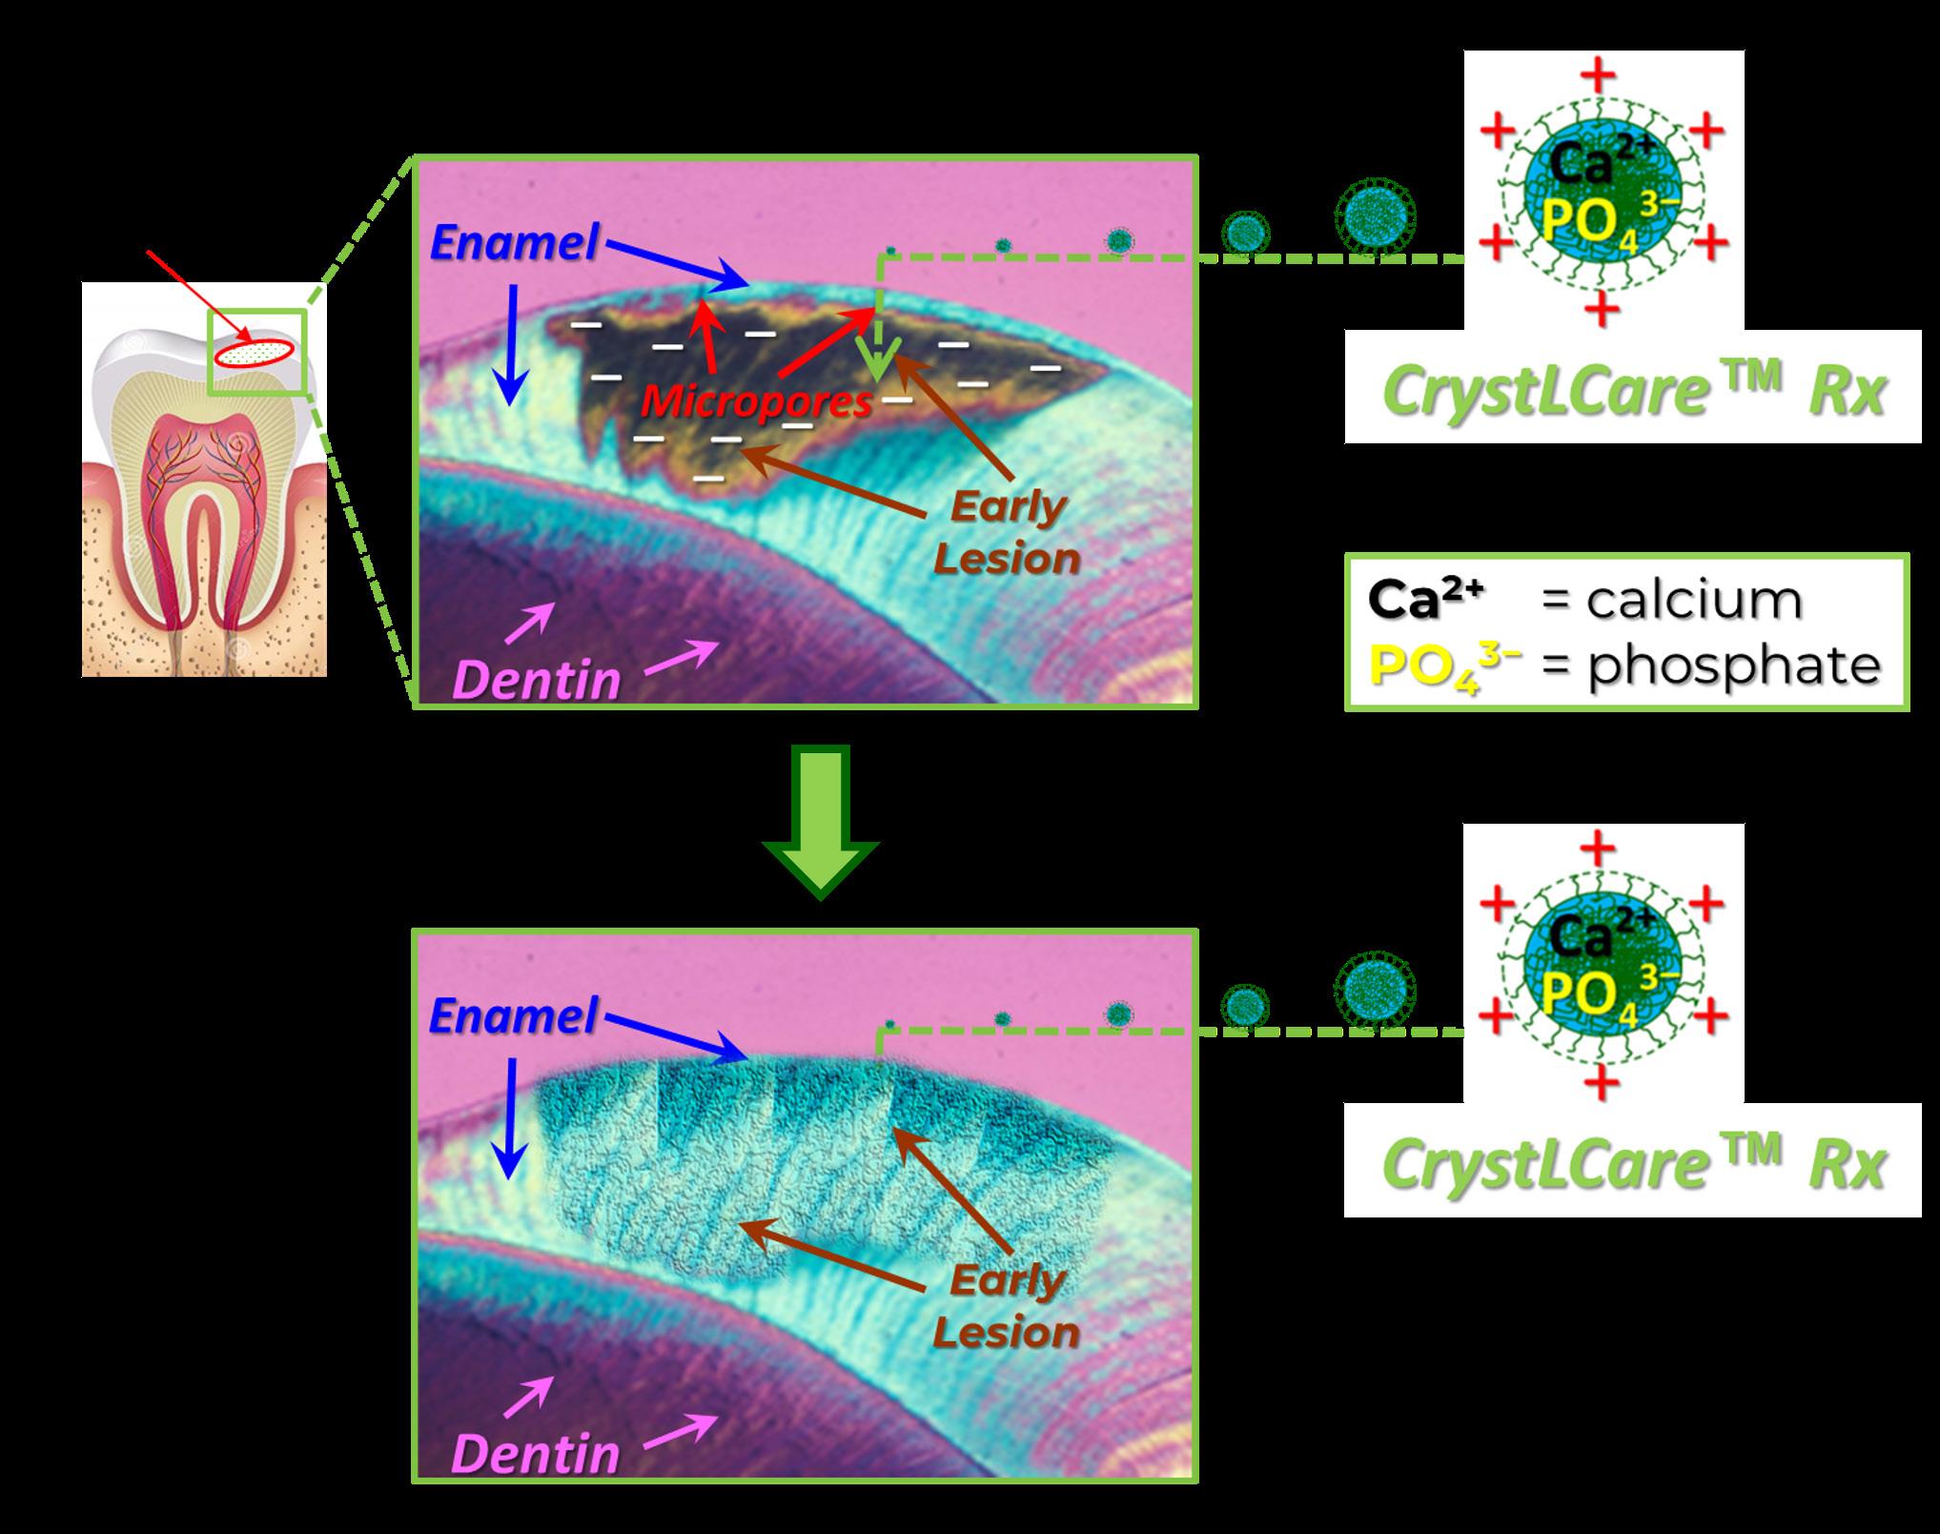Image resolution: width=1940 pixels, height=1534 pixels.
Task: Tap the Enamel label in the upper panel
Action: (513, 243)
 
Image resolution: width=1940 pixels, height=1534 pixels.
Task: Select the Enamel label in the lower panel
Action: (513, 1016)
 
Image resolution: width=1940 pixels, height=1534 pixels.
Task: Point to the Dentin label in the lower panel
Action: (536, 1455)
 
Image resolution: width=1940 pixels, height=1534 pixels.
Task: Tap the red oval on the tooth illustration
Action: (253, 353)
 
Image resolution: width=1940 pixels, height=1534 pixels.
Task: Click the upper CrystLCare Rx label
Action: (1633, 391)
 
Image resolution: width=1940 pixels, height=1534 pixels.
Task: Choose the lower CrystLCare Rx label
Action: (1633, 1164)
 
